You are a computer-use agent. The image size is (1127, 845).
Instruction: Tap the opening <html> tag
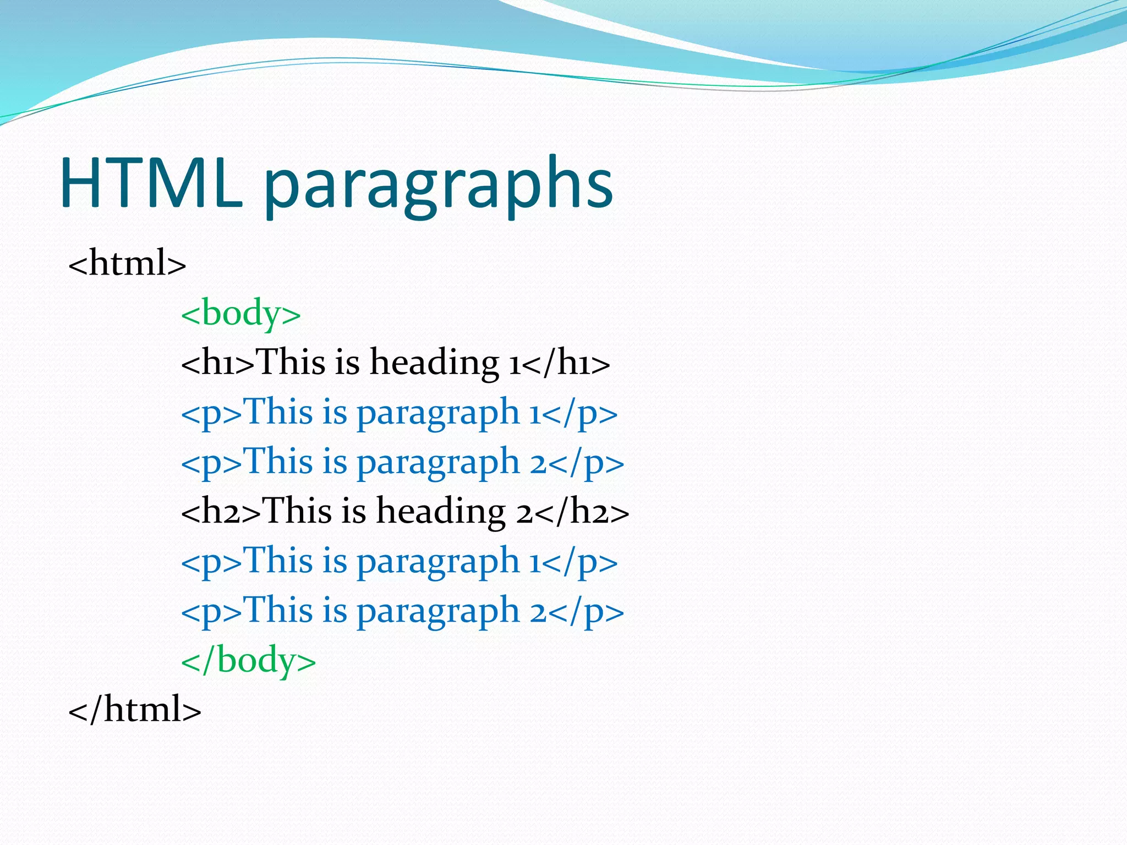(x=127, y=263)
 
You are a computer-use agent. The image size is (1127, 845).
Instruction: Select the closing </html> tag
(x=134, y=709)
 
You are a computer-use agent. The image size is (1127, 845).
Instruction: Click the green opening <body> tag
(x=241, y=314)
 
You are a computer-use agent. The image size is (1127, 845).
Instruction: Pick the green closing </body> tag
(x=249, y=660)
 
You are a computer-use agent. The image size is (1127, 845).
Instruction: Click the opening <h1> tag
(x=218, y=363)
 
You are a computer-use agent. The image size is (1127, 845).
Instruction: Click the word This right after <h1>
(x=292, y=363)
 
